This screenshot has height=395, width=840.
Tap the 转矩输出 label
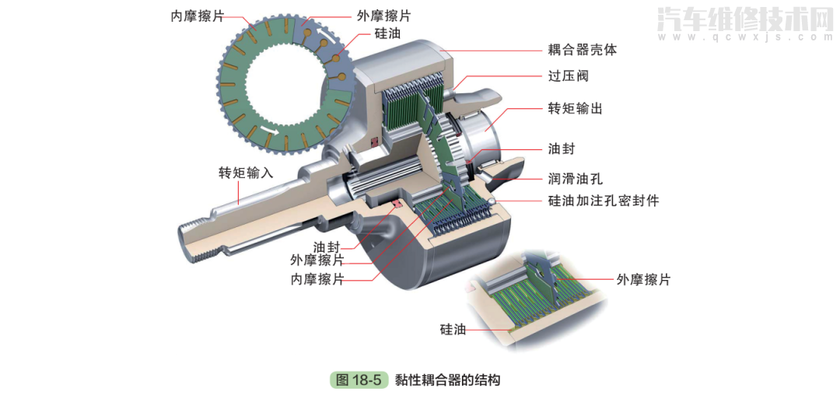pos(575,109)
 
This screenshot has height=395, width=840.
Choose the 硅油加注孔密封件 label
pos(603,201)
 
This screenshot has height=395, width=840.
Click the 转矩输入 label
pos(246,173)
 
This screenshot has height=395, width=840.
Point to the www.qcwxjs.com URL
pos(744,37)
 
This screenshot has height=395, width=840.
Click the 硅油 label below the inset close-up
pos(453,330)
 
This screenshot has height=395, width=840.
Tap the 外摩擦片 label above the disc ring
pos(383,16)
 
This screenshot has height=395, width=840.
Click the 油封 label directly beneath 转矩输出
pos(561,149)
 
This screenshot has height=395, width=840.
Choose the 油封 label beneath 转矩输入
pos(327,246)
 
